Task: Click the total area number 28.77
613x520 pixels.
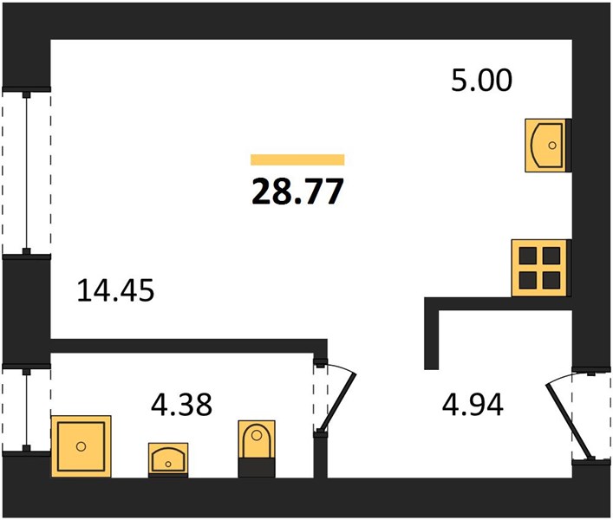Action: point(297,192)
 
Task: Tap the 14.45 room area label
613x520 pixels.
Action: point(115,290)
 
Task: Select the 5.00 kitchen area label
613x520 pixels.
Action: point(481,80)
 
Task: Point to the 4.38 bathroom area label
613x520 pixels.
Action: point(181,405)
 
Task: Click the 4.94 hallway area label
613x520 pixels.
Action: point(473,405)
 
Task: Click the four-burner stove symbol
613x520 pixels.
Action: point(539,268)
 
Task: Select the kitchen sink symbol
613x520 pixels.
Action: point(545,146)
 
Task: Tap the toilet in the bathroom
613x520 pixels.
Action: point(257,449)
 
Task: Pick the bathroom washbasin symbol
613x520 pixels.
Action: point(168,460)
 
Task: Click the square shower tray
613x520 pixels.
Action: point(82,446)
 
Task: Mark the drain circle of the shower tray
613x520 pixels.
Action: point(81,446)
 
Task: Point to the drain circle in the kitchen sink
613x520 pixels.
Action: point(552,146)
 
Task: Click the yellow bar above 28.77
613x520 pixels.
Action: point(297,159)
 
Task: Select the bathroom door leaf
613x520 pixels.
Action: point(337,402)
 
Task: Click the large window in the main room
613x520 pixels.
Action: point(27,173)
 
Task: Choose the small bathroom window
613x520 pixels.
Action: point(27,409)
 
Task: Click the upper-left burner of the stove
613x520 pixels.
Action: point(527,256)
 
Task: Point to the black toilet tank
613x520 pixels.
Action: point(257,468)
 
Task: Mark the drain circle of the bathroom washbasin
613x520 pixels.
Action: point(168,465)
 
